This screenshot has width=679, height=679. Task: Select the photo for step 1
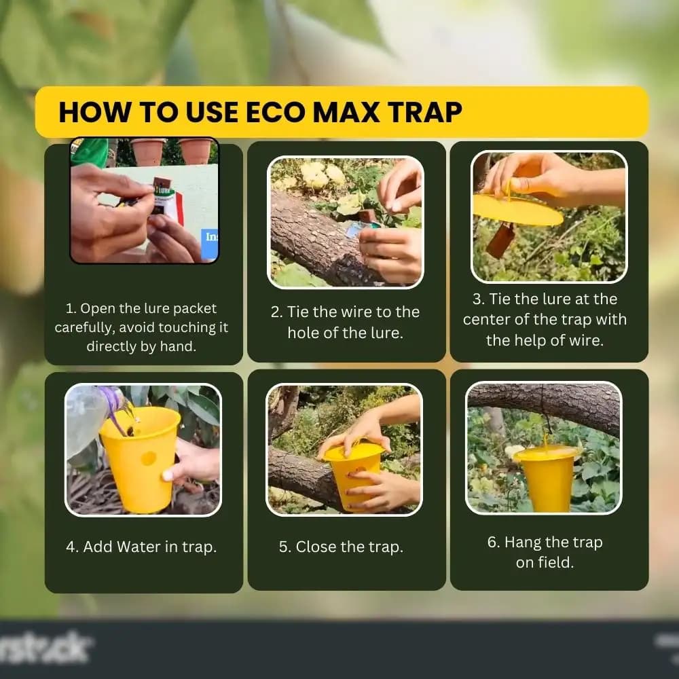tap(144, 200)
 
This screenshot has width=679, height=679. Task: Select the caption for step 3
tap(545, 319)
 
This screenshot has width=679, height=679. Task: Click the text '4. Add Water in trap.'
tap(141, 547)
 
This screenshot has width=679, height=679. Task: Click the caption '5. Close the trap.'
tap(341, 547)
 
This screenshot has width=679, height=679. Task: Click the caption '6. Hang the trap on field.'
tap(545, 552)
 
